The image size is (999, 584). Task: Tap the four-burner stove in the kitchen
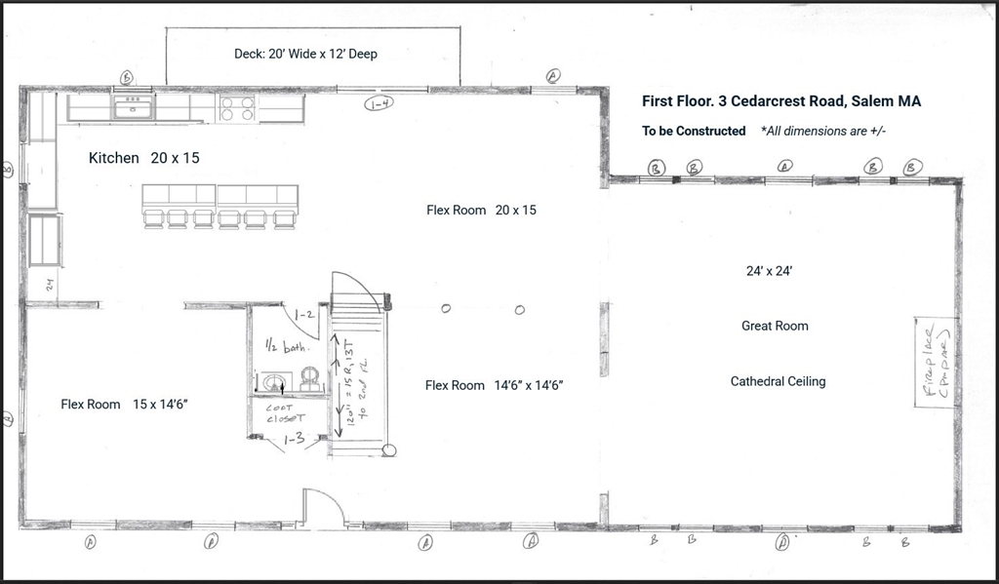click(x=237, y=107)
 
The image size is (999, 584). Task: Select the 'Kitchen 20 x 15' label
click(x=143, y=157)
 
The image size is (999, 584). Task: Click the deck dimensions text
click(x=305, y=54)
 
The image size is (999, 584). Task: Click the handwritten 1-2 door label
click(x=303, y=315)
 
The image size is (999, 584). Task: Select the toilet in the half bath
click(x=310, y=378)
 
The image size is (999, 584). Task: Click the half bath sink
click(x=274, y=381)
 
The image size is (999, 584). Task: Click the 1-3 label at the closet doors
click(x=293, y=441)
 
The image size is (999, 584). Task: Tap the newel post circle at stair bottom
click(x=389, y=450)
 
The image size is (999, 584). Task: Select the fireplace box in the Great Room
click(x=932, y=362)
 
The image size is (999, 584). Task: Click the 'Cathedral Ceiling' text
click(x=778, y=381)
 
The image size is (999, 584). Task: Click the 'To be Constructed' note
click(x=693, y=131)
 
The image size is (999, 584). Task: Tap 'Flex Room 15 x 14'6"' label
click(x=131, y=404)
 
